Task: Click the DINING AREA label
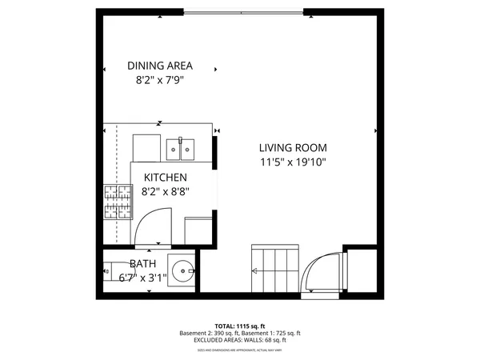pyautogui.click(x=160, y=66)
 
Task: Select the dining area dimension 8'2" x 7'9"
pyautogui.click(x=160, y=80)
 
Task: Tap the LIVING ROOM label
pyautogui.click(x=293, y=148)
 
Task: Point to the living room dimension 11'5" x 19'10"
pyautogui.click(x=293, y=162)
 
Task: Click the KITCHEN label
pyautogui.click(x=166, y=178)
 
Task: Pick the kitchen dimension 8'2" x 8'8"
pyautogui.click(x=166, y=192)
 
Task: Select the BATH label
pyautogui.click(x=143, y=264)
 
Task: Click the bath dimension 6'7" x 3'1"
pyautogui.click(x=142, y=278)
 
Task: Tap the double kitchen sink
pyautogui.click(x=180, y=148)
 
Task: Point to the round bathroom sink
pyautogui.click(x=184, y=270)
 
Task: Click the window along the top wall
pyautogui.click(x=243, y=12)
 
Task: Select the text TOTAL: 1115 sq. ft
pyautogui.click(x=240, y=326)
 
